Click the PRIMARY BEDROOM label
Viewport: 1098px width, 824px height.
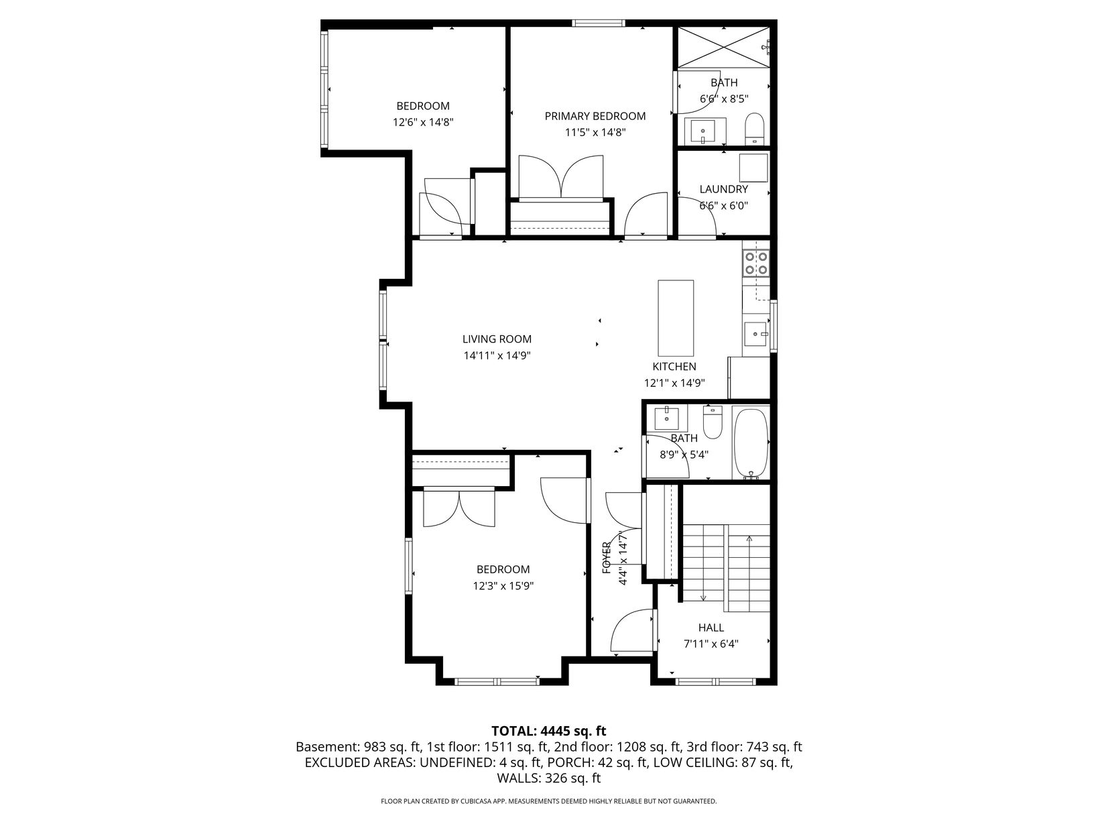(595, 116)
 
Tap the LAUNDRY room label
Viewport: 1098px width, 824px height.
(723, 189)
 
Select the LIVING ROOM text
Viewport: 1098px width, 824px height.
(497, 339)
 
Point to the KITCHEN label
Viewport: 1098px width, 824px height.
(674, 366)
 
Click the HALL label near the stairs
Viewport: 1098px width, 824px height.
(711, 628)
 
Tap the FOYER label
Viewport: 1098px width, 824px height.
(606, 557)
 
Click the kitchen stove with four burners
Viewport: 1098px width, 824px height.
(756, 263)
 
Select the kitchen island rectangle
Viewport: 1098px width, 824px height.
(675, 318)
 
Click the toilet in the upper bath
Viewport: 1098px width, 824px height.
(754, 129)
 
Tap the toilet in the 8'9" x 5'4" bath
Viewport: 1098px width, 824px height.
(713, 422)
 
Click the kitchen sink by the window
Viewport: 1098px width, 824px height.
(755, 334)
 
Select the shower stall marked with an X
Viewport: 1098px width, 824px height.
(723, 46)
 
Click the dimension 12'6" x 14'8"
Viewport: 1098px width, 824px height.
(423, 122)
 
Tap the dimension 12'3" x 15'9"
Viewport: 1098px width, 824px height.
(503, 586)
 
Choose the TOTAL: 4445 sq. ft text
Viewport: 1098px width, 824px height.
(548, 731)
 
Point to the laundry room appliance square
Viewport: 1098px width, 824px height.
(753, 168)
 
